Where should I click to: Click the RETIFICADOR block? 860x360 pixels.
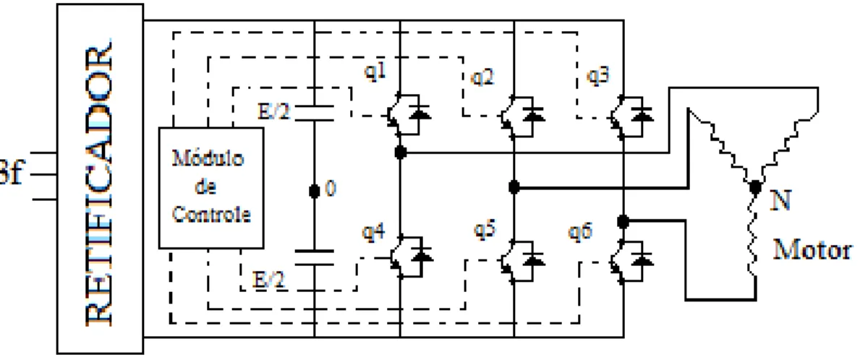tap(101, 179)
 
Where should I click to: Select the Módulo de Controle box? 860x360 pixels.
tap(211, 188)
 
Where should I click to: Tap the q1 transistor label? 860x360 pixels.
tap(375, 73)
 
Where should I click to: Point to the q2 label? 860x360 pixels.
tap(483, 77)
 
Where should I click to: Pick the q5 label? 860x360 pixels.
tap(485, 231)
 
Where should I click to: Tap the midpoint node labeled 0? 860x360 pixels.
tap(315, 192)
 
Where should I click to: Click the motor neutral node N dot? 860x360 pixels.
tap(756, 188)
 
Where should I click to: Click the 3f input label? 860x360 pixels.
tap(11, 177)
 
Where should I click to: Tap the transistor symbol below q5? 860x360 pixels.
tap(519, 260)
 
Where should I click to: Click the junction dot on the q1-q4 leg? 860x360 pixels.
tap(401, 153)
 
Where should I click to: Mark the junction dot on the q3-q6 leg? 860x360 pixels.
tap(623, 221)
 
